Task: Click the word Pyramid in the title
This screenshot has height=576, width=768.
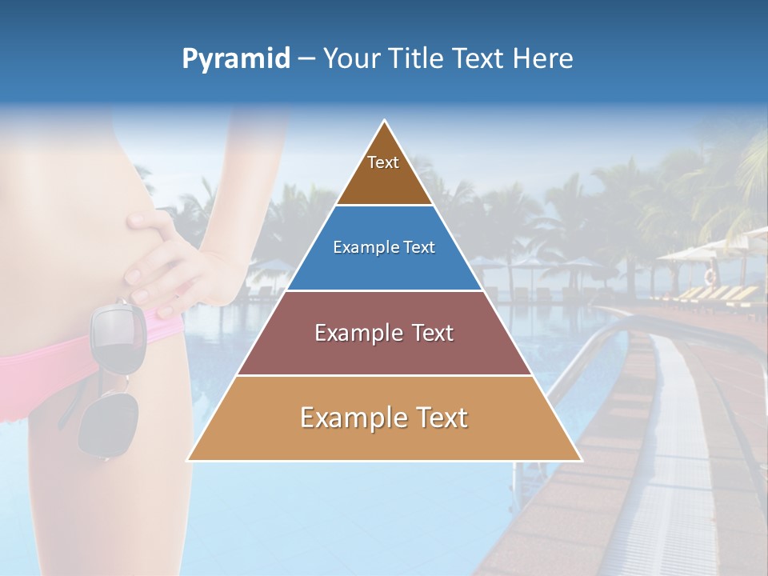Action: click(235, 59)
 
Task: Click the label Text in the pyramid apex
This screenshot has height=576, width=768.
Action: click(383, 162)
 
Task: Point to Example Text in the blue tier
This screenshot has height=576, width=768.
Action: click(384, 247)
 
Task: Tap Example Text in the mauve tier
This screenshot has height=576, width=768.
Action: click(384, 333)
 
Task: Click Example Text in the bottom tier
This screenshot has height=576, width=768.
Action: click(384, 418)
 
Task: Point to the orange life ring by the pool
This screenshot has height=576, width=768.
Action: click(710, 277)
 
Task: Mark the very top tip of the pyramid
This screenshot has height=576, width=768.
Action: click(385, 122)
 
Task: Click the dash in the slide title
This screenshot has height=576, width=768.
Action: click(306, 59)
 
